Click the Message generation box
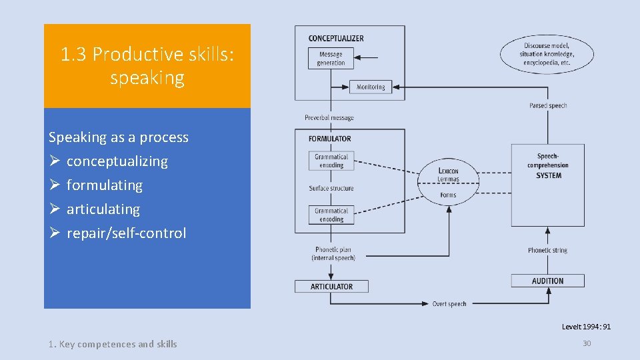tap(331, 59)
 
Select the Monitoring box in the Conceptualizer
tap(371, 87)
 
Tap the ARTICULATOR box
tap(331, 287)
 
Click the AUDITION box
tap(547, 281)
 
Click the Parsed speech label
tap(548, 105)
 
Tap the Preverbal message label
tap(329, 118)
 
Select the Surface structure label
tap(331, 188)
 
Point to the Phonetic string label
tap(547, 251)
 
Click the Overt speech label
tap(449, 304)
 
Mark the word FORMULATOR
tap(330, 139)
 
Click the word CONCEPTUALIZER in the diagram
tap(337, 38)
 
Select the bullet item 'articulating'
tap(103, 209)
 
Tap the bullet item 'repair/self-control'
tap(126, 233)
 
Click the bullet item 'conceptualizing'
tap(117, 161)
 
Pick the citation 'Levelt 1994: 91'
tap(586, 327)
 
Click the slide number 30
tap(587, 343)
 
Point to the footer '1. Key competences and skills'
tap(113, 344)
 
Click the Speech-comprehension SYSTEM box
tap(548, 167)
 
